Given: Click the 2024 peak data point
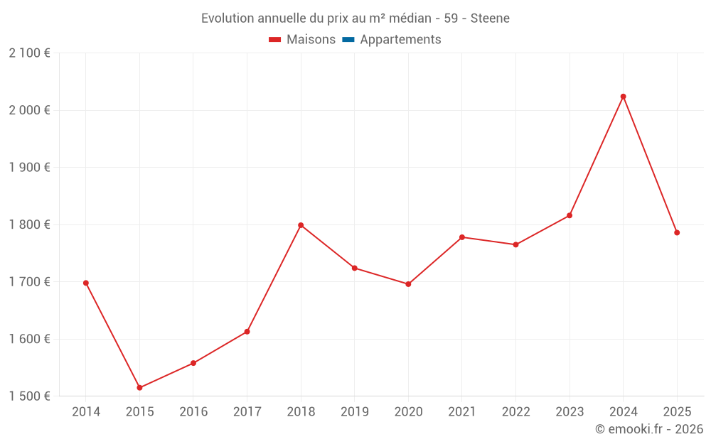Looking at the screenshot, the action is click(623, 97).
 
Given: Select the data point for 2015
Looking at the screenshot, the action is click(139, 387).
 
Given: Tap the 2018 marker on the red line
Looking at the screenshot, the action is click(301, 225).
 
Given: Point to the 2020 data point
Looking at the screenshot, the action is click(408, 284).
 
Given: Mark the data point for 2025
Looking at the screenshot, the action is click(677, 232).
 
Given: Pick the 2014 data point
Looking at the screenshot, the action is click(86, 283).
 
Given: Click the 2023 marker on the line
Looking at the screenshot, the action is click(570, 215).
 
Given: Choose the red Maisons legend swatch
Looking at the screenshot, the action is click(274, 40).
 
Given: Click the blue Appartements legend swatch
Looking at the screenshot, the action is click(348, 40).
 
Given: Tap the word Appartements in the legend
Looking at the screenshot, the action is click(400, 39).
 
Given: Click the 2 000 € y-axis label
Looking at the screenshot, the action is click(29, 110).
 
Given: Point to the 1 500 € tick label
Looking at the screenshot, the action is click(29, 396).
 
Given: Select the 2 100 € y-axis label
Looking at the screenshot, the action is click(29, 53).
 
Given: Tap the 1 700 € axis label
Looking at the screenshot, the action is click(29, 282).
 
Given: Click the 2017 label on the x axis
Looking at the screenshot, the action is click(247, 411).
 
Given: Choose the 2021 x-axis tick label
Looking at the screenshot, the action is click(462, 411).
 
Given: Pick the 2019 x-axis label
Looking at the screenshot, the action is click(355, 411).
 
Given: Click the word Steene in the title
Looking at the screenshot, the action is click(490, 18).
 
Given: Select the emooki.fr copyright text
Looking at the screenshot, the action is click(649, 428).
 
